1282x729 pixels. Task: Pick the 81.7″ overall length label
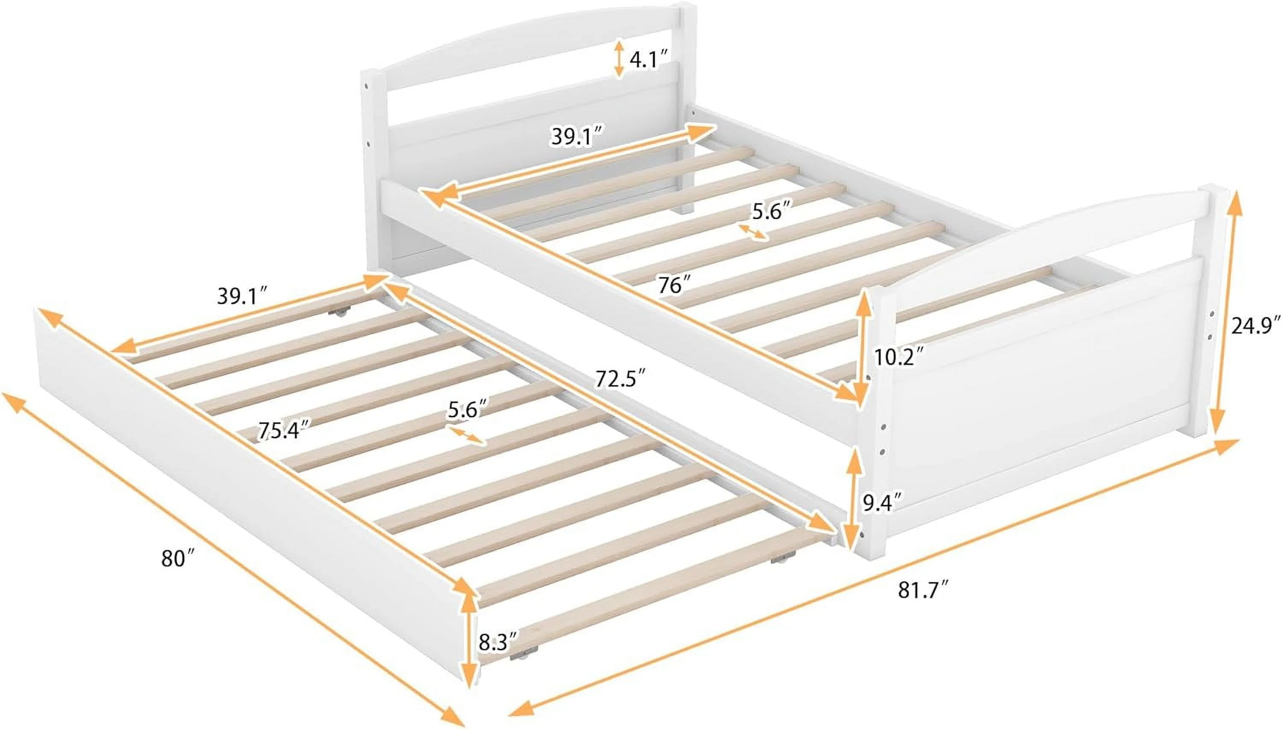click(x=923, y=590)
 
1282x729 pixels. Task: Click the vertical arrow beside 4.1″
click(x=619, y=59)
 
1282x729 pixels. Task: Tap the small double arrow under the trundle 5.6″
click(x=467, y=435)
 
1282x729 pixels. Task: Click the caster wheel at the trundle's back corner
click(x=338, y=313)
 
